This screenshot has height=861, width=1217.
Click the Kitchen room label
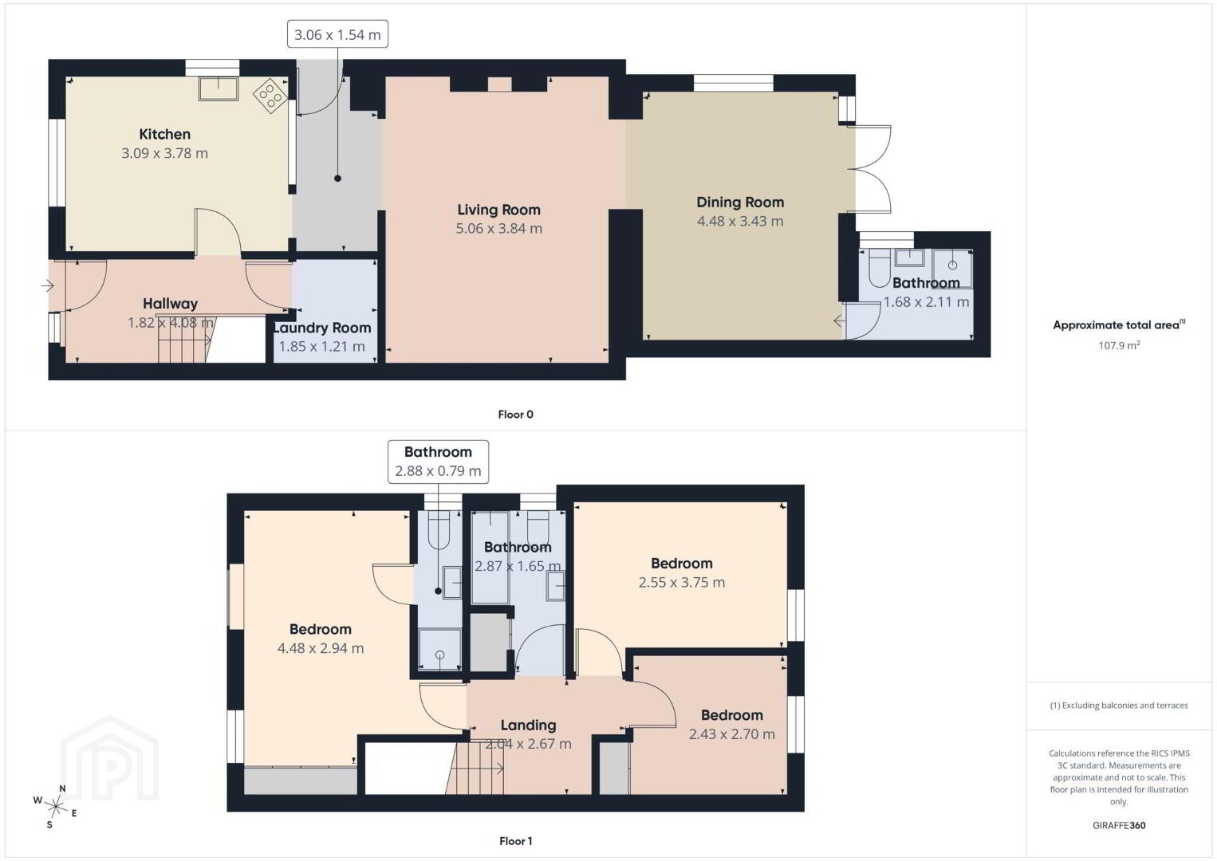click(164, 134)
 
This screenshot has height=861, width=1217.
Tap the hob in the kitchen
click(270, 96)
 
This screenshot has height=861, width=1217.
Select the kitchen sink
click(219, 88)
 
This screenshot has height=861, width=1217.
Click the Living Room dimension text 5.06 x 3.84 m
click(498, 229)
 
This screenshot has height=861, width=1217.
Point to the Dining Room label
click(740, 202)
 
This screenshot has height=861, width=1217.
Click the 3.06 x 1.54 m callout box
click(337, 34)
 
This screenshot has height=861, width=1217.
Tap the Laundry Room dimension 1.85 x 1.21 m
click(321, 347)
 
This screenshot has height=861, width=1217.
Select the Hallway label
click(170, 304)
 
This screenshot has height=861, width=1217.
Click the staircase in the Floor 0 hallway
click(185, 339)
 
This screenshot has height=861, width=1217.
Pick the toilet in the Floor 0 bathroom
click(879, 269)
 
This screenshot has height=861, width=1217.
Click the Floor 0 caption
click(516, 415)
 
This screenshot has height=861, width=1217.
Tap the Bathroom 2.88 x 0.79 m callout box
click(438, 462)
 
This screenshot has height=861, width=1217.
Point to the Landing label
click(528, 725)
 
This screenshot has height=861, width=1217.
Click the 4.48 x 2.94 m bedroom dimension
click(321, 648)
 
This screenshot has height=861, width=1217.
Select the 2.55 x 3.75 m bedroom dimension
click(681, 582)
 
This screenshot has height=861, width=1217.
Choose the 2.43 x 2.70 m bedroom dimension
click(732, 734)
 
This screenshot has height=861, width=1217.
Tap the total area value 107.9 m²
click(1119, 345)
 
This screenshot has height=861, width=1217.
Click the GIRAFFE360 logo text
click(1119, 826)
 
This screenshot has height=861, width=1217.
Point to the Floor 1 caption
click(516, 841)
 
